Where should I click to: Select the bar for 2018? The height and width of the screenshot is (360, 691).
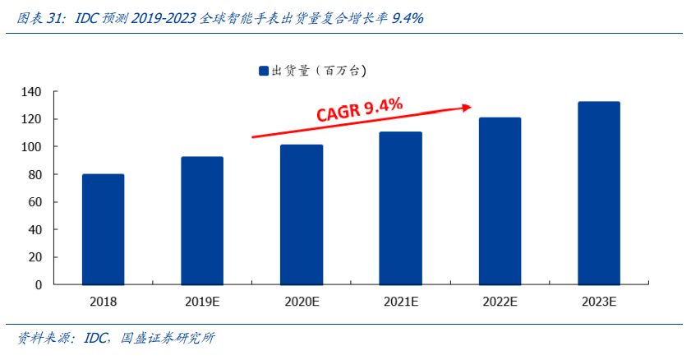[103, 229]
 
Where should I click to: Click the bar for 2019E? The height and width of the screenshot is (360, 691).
[202, 220]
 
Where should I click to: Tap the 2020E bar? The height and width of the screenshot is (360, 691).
[302, 215]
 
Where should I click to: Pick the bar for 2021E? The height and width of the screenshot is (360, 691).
[400, 208]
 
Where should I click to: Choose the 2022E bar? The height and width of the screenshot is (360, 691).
[500, 201]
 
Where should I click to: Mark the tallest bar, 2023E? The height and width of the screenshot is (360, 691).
[599, 193]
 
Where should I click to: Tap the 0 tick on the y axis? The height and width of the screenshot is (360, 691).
[39, 284]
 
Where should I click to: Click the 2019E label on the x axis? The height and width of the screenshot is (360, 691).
[202, 302]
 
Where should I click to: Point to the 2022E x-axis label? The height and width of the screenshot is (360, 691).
[500, 302]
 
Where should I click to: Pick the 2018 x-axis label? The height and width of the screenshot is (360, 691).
[103, 302]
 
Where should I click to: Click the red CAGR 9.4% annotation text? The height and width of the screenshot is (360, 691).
[360, 110]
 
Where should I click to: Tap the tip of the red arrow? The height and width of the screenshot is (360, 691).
[471, 106]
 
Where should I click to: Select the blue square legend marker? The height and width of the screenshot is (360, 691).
[264, 72]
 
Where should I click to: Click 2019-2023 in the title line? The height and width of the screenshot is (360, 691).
[163, 17]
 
